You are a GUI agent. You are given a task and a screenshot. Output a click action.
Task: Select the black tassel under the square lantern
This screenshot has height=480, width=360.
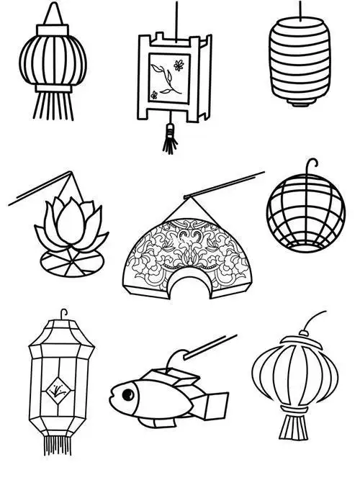click(x=170, y=139)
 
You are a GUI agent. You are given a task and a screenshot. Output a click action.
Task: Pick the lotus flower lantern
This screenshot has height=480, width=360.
click(x=69, y=227)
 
